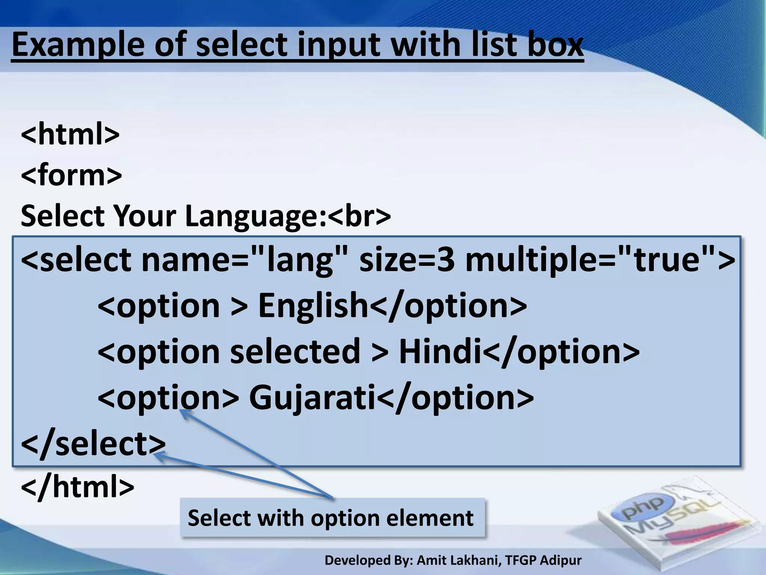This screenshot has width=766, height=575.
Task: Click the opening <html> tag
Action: [x=70, y=134]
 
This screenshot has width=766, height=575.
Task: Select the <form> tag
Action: [x=71, y=175]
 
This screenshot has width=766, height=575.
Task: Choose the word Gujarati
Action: [x=312, y=397]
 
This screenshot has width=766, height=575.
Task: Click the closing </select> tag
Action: [x=93, y=443]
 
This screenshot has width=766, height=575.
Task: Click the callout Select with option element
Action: [x=331, y=518]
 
